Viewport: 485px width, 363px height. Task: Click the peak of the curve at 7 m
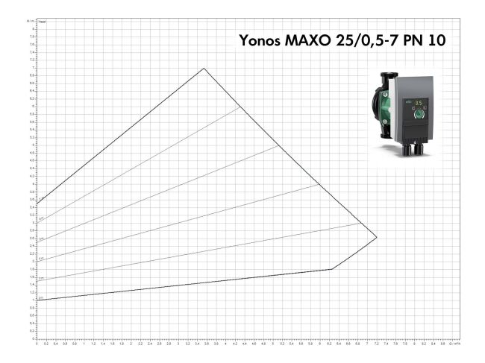click(204, 69)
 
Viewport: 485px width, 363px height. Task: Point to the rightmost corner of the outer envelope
click(377, 237)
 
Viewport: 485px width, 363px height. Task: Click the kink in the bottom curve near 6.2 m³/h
click(331, 269)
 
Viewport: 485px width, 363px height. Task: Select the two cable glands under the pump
click(413, 148)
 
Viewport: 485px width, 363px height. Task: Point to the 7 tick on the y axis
click(33, 69)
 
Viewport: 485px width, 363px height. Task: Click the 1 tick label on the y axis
click(33, 299)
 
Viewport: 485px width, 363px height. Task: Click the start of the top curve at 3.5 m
click(37, 203)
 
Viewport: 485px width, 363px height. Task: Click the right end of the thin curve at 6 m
click(240, 107)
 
